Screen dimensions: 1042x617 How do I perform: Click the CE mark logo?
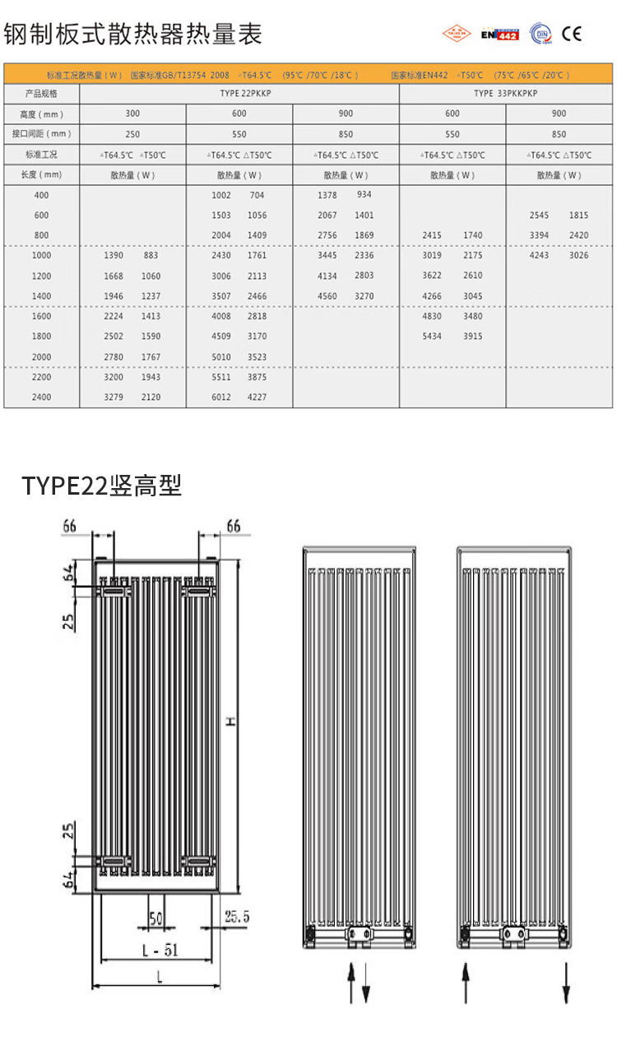point(572,34)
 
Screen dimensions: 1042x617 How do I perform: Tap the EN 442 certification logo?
point(499,34)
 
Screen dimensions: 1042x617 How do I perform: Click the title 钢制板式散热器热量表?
point(133,35)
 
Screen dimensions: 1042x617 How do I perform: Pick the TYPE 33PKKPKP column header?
point(505,94)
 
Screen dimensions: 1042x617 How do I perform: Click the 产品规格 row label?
point(41,94)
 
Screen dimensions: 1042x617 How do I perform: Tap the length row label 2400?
point(41,397)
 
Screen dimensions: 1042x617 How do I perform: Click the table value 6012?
point(221,397)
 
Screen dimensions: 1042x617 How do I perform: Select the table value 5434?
point(432,336)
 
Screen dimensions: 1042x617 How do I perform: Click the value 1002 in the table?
point(221,195)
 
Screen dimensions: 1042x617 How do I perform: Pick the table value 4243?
point(540,255)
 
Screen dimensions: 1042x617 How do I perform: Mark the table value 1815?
point(578,215)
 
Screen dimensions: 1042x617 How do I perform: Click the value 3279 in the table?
point(114,397)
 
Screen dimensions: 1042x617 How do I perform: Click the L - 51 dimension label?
point(160,950)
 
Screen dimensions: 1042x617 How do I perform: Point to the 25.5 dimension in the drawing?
point(236,916)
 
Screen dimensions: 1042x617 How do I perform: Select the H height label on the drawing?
point(231,721)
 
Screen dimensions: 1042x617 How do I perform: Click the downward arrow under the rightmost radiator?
point(567,983)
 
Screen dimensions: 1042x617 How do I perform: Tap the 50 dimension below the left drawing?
point(155,917)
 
